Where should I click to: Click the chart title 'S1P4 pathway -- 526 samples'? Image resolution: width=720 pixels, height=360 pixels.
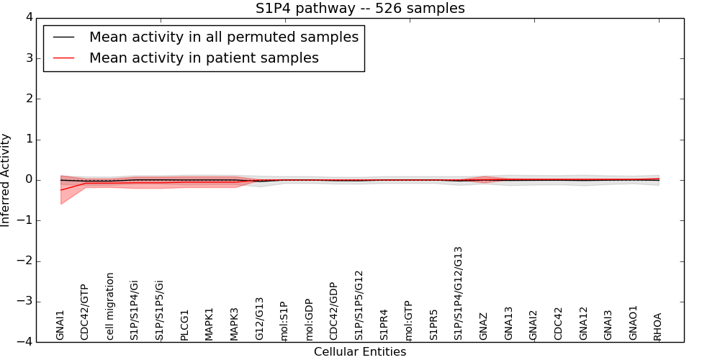[x=360, y=9]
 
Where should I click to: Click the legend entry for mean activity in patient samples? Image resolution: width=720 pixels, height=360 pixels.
[x=203, y=58]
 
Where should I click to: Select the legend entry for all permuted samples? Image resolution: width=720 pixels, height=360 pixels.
[x=223, y=37]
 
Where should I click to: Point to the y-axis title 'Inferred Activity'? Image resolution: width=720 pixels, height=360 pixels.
[x=6, y=180]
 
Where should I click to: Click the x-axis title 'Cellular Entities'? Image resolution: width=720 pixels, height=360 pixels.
[x=360, y=352]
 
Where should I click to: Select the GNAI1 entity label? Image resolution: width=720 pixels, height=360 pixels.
[x=60, y=325]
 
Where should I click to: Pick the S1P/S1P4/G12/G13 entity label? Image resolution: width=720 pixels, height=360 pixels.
[x=459, y=293]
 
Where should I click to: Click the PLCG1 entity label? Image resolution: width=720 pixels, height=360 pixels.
[x=185, y=325]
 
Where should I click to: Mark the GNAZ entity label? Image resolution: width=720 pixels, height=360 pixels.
[x=484, y=326]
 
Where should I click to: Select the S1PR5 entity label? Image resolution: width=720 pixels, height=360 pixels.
[x=433, y=325]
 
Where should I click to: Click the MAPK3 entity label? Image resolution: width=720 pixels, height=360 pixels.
[x=234, y=324]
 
